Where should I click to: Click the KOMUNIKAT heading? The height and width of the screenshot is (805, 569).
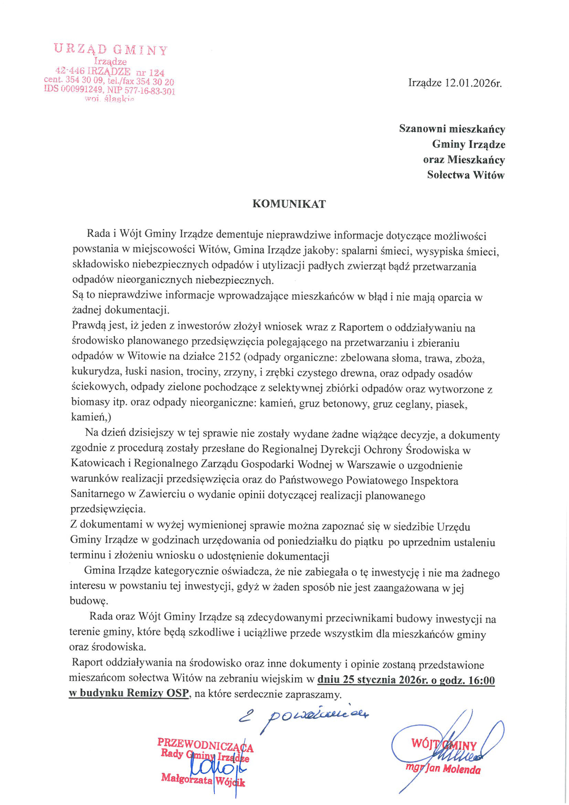coord(289,204)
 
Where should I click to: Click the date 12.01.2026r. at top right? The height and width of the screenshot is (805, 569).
coord(473,83)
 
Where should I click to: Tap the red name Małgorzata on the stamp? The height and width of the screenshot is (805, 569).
coord(187,780)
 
